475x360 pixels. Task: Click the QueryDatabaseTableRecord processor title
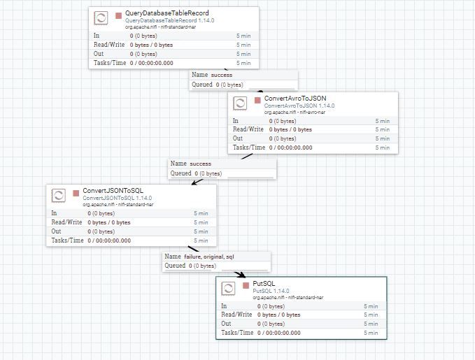(x=167, y=13)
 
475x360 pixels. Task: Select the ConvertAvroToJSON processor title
(x=295, y=99)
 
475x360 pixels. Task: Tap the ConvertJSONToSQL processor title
(x=113, y=190)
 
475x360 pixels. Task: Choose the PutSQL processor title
(x=264, y=283)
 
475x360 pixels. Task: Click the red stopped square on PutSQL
(x=246, y=285)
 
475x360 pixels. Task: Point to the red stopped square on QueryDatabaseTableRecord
(x=118, y=15)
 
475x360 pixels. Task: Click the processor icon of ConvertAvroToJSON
(x=240, y=103)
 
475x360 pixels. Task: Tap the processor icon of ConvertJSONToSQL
(x=59, y=196)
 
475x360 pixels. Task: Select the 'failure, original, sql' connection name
(x=209, y=257)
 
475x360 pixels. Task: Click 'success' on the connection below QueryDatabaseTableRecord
(x=222, y=75)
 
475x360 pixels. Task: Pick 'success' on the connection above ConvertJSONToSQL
(x=201, y=164)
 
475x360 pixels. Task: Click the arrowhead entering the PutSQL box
(x=242, y=275)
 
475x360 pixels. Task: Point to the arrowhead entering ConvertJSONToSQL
(x=195, y=182)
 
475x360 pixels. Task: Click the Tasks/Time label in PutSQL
(x=237, y=333)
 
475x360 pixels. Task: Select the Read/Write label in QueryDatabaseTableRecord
(x=109, y=45)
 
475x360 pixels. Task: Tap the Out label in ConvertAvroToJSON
(x=238, y=138)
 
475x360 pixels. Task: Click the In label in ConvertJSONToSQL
(x=54, y=213)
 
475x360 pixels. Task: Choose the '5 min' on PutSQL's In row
(x=371, y=306)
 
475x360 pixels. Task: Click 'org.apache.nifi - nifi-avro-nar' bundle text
(x=295, y=113)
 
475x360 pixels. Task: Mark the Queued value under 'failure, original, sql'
(x=202, y=266)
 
